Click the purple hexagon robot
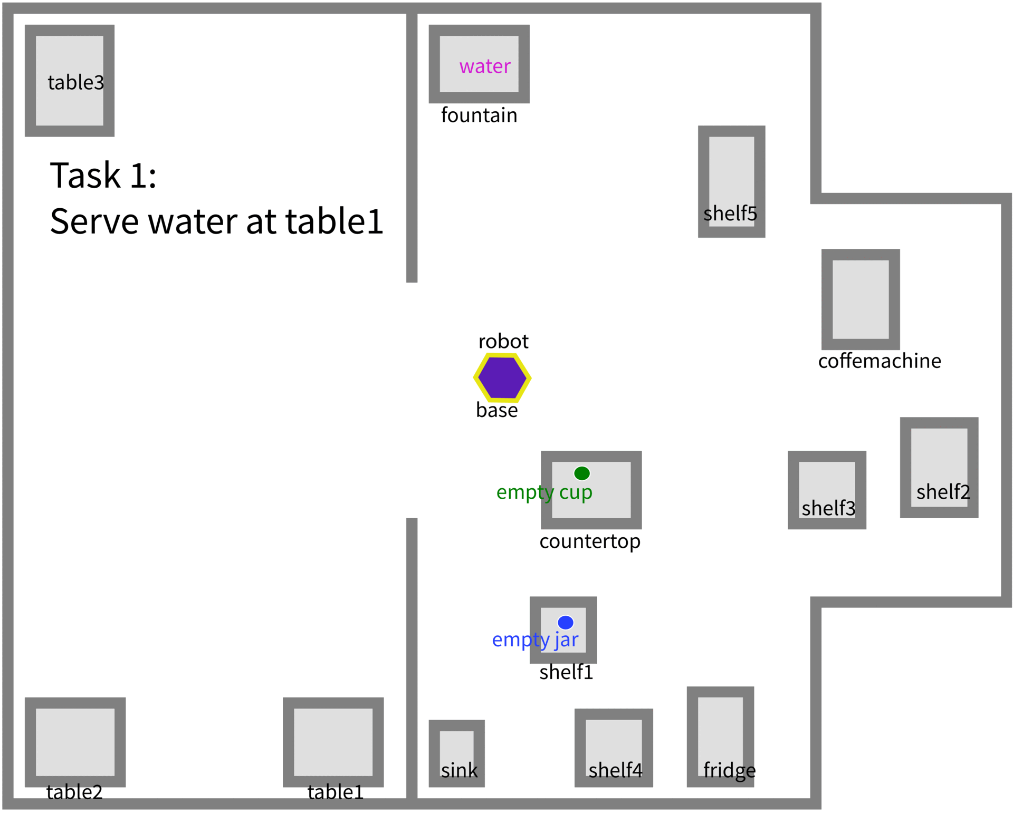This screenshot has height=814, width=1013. (502, 377)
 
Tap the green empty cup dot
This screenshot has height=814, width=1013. (581, 473)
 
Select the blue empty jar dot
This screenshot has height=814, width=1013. (565, 622)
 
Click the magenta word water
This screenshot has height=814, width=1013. (484, 66)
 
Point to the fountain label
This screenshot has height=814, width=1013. (479, 115)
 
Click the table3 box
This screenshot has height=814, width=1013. (69, 80)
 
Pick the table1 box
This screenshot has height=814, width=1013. (333, 742)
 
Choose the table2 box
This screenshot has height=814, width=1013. (75, 742)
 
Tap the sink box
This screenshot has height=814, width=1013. (456, 753)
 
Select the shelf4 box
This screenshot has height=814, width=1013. (613, 748)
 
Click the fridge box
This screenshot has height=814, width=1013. (720, 736)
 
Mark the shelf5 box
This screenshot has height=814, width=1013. (731, 181)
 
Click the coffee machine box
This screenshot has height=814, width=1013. (860, 299)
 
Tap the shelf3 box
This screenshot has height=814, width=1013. (826, 489)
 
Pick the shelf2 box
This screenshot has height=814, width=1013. (939, 467)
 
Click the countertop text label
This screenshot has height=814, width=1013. (589, 541)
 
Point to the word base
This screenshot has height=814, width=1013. (496, 410)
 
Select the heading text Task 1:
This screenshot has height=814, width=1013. (103, 175)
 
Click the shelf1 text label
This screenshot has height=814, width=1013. (566, 672)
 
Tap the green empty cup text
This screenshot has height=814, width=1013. (544, 492)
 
